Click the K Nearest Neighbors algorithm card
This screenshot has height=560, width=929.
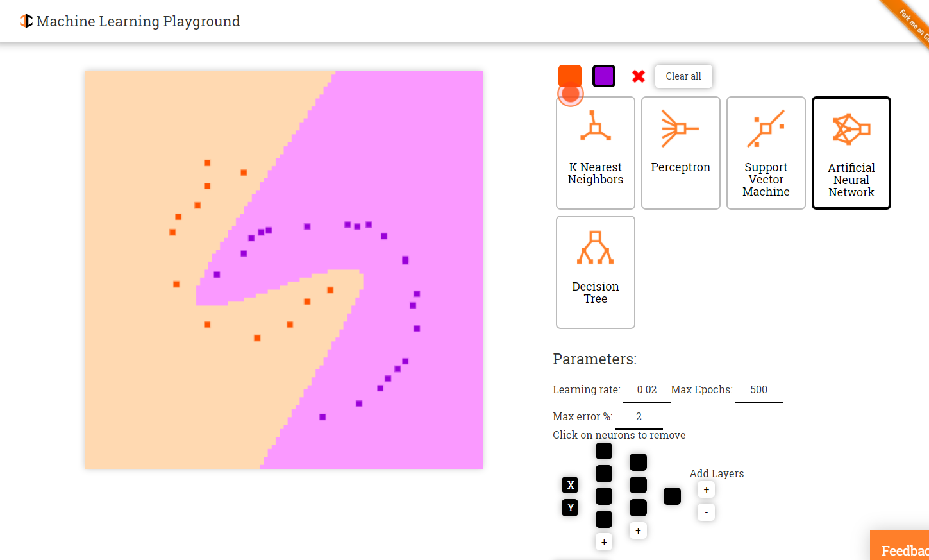596,153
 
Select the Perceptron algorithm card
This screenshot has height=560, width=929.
681,153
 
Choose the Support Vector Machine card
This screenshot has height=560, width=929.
766,153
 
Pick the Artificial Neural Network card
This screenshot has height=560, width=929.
851,153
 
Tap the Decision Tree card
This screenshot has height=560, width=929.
596,272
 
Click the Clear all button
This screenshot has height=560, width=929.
683,76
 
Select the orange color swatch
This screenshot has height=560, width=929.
570,76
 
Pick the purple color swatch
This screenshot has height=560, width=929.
604,76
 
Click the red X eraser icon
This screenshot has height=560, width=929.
639,76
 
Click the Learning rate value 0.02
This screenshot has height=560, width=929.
646,390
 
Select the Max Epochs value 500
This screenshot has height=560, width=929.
758,390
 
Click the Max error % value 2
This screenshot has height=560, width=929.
639,417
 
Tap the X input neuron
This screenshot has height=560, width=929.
570,485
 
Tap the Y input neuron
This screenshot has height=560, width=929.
570,507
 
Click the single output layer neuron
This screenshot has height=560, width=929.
672,496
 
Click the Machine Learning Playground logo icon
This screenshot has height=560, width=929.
26,21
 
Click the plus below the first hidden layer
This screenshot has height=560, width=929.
604,542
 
